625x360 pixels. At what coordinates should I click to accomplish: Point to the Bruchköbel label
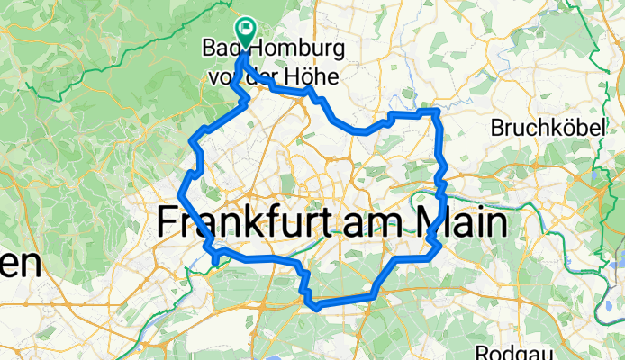[546, 129]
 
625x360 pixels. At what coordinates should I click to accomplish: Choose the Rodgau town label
[508, 351]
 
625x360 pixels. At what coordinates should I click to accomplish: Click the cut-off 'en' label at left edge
[20, 265]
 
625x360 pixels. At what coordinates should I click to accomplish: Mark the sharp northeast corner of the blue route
[437, 112]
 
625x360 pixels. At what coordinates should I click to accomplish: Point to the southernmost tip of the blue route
[317, 309]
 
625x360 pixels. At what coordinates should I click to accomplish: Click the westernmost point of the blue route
[181, 193]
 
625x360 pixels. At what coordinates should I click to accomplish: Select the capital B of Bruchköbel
[496, 129]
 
